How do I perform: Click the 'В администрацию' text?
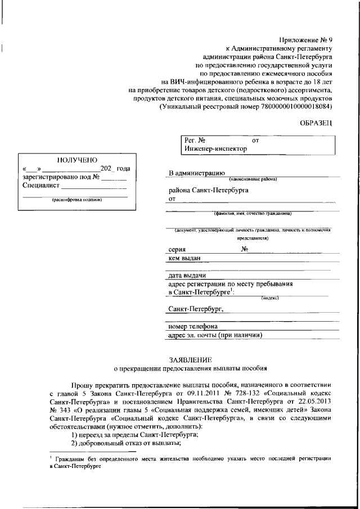point(197,173)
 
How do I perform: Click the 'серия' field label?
point(178,249)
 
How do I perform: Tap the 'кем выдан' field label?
point(184,258)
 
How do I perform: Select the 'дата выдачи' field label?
point(187,276)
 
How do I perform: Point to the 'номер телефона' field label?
point(192,326)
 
